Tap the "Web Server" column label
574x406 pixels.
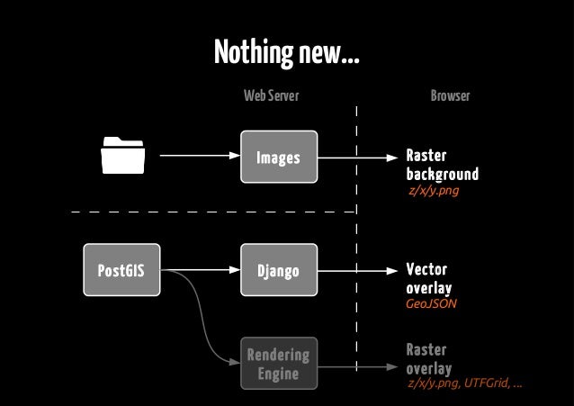[271, 95]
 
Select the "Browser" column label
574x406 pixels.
[450, 95]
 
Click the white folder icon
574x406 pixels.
[123, 155]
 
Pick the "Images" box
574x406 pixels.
[278, 158]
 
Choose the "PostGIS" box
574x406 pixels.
[121, 270]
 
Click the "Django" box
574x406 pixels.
[278, 270]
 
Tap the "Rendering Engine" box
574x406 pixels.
[278, 364]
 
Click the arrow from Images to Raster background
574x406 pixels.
[356, 158]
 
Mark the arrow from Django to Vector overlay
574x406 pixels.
[356, 270]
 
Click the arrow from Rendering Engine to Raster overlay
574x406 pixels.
[356, 367]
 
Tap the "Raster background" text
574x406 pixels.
[441, 165]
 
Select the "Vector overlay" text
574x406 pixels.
[428, 278]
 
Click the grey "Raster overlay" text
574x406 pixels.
[428, 359]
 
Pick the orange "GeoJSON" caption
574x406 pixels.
[432, 304]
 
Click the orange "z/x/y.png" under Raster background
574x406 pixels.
[435, 191]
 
